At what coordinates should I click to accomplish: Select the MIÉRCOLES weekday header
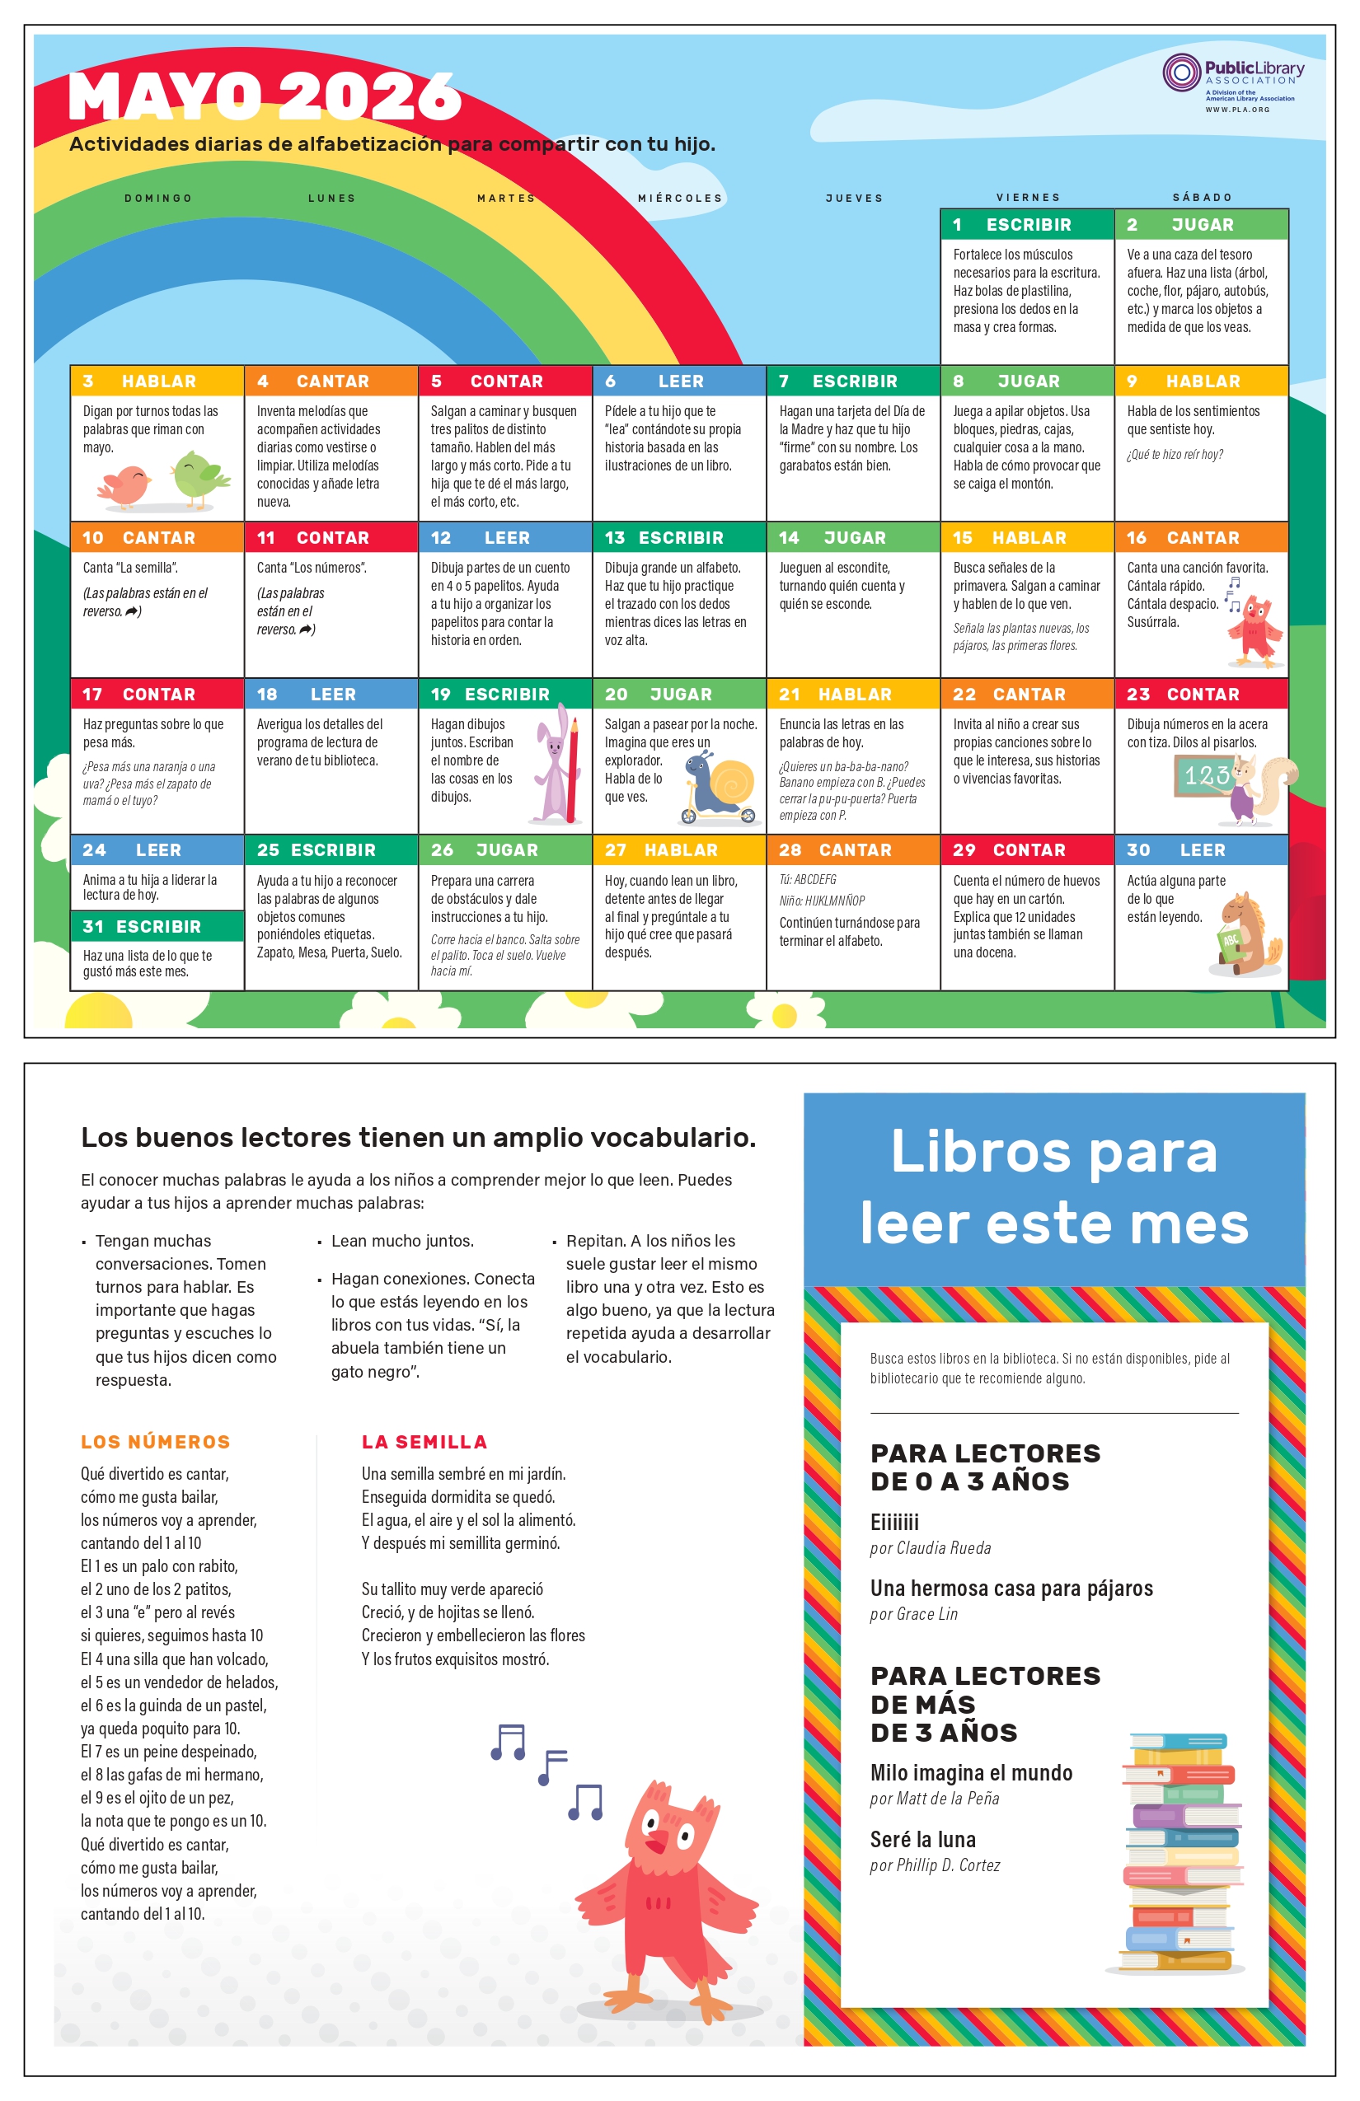tap(680, 198)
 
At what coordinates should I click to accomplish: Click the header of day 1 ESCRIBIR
tap(1026, 224)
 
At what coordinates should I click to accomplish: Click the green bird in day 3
tap(199, 478)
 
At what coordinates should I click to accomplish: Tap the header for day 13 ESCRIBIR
tap(678, 537)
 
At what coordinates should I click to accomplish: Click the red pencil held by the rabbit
tap(573, 768)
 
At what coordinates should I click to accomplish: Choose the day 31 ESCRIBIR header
tap(157, 926)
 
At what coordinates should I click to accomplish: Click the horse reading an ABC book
tap(1245, 935)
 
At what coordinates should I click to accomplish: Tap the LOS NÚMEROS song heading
tap(156, 1442)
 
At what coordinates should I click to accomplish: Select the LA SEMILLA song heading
tap(424, 1442)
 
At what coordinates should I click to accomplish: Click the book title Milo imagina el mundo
tap(971, 1772)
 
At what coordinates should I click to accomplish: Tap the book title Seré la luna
tap(923, 1840)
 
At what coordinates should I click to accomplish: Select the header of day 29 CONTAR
tap(1026, 850)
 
